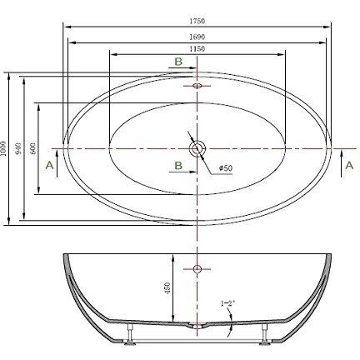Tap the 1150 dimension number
click(x=197, y=50)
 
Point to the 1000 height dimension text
click(x=5, y=148)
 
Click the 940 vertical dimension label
click(x=20, y=148)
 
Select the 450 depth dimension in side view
click(x=167, y=288)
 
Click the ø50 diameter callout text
click(x=225, y=169)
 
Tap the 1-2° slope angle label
click(x=226, y=302)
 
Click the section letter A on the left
click(x=49, y=165)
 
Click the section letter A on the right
click(x=347, y=165)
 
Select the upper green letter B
click(x=177, y=62)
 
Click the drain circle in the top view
click(x=197, y=148)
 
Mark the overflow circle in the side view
click(x=197, y=268)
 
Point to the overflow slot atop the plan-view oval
click(x=197, y=85)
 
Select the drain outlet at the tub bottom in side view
click(x=197, y=327)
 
